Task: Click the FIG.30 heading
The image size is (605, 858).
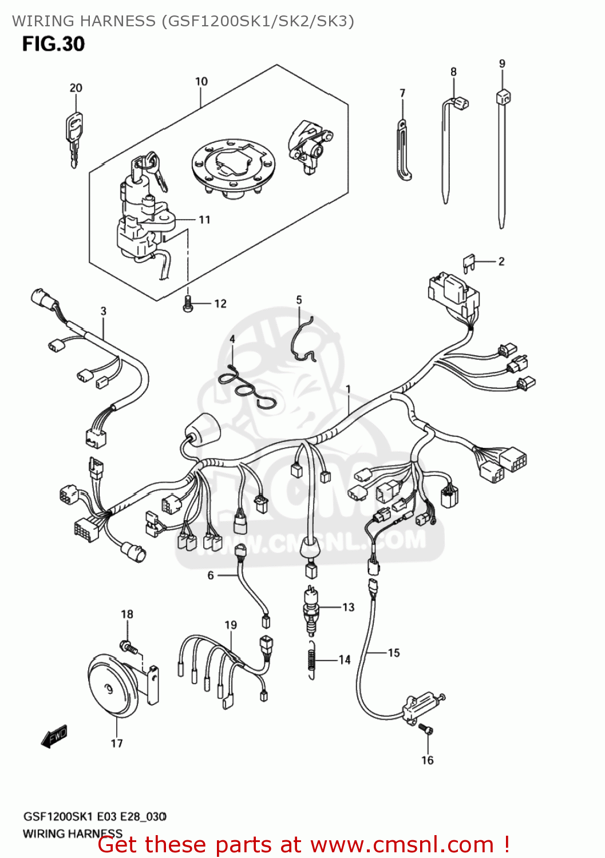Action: pyautogui.click(x=53, y=44)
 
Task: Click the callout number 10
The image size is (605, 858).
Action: pyautogui.click(x=201, y=81)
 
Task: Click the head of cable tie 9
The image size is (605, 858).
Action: pyautogui.click(x=503, y=97)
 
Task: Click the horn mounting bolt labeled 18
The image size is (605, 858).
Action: pyautogui.click(x=129, y=648)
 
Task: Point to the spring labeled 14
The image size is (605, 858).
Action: pyautogui.click(x=311, y=660)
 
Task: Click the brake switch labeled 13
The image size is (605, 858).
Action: pyautogui.click(x=311, y=611)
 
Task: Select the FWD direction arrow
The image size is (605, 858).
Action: pyautogui.click(x=55, y=736)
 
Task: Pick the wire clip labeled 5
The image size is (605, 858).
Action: pyautogui.click(x=301, y=341)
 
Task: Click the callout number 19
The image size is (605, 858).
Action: pyautogui.click(x=231, y=625)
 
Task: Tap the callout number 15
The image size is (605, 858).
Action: pyautogui.click(x=394, y=653)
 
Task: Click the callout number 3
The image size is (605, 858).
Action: pyautogui.click(x=104, y=311)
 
